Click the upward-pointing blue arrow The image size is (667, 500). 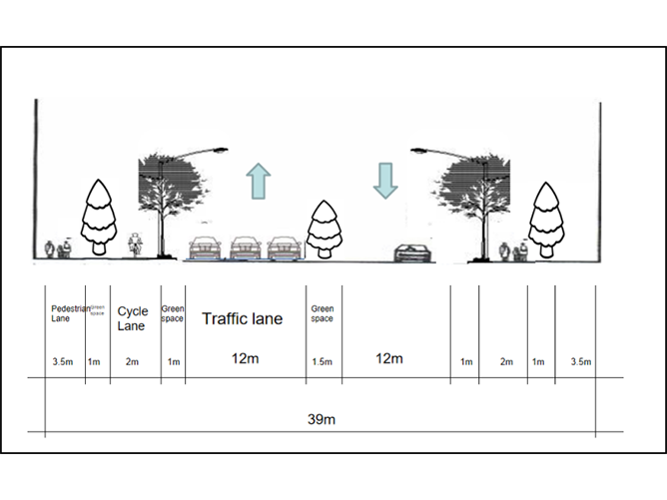[x=258, y=183]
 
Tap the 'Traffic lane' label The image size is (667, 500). [x=243, y=319]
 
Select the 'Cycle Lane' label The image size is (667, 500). [x=133, y=318]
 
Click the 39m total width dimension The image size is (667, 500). [x=321, y=419]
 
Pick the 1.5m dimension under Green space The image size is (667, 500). [x=323, y=361]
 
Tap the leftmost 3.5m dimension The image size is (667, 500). [x=62, y=361]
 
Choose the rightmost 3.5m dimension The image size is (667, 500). [x=580, y=361]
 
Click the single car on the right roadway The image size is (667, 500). [x=412, y=251]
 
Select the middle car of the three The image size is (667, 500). [x=246, y=248]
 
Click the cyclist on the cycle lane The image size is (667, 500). [x=137, y=245]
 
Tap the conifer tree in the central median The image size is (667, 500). [x=324, y=229]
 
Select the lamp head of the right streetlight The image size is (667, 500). [x=420, y=152]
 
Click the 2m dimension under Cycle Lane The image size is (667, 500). [x=133, y=361]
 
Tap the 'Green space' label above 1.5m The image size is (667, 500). [x=323, y=313]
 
